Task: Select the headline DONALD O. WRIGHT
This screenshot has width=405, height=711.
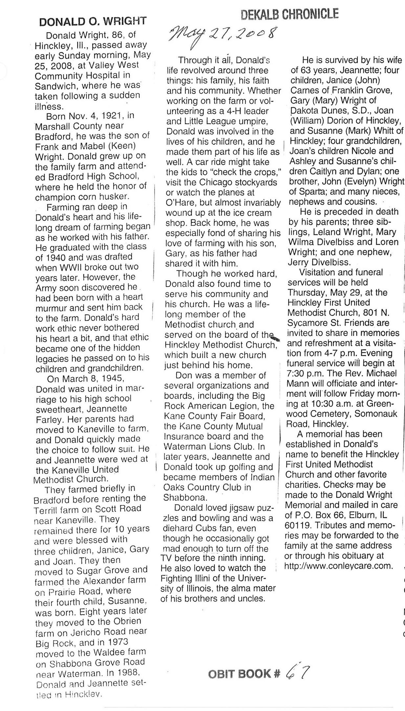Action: click(93, 22)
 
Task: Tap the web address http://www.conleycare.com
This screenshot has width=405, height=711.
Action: click(338, 566)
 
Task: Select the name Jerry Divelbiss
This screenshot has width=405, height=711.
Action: click(319, 262)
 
